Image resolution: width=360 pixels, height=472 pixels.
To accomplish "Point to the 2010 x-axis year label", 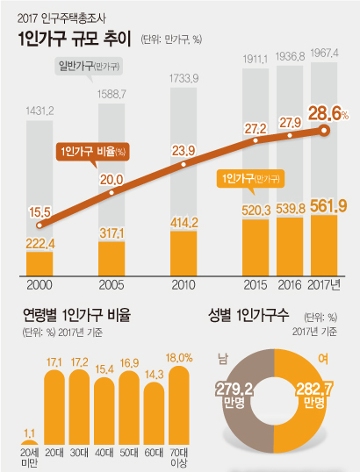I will click(x=183, y=285).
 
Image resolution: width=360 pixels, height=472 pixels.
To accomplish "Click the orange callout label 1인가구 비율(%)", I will click(x=92, y=150).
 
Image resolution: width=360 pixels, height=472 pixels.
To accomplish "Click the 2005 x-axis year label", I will click(x=111, y=285).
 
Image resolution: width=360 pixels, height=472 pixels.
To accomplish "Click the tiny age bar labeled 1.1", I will click(x=29, y=443).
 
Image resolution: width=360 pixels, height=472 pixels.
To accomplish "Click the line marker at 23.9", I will click(x=183, y=163).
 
